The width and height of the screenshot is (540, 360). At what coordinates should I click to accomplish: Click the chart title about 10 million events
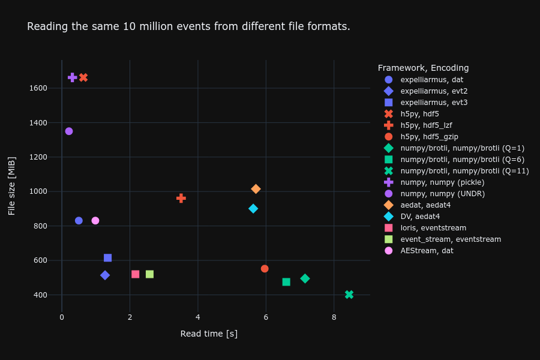coord(188,26)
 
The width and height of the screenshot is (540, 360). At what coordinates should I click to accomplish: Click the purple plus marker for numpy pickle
coord(73,77)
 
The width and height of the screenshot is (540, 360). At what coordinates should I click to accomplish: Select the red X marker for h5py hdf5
coord(83,77)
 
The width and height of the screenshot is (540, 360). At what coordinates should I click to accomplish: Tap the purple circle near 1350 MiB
coord(69,131)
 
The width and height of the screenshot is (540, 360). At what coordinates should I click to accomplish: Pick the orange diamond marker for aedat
coord(256,189)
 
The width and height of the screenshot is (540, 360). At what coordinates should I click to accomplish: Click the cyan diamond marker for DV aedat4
coord(253,208)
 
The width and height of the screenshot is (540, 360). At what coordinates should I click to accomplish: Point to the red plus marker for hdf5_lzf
coord(181,198)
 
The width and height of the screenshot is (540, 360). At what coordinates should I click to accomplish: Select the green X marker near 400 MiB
coord(349,295)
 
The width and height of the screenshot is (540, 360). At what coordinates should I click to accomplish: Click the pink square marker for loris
coord(136,274)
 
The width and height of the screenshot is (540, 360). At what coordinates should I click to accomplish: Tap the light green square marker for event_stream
coord(149,274)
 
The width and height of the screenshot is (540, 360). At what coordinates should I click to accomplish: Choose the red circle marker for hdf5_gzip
coord(265,269)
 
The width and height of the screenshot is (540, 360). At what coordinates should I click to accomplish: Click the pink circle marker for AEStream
coord(95,220)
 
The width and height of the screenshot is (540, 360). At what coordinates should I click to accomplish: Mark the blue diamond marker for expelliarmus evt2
coord(105,275)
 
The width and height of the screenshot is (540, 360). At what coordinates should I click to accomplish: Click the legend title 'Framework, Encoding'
coord(423,68)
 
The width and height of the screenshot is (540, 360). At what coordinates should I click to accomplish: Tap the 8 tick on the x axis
coord(334,317)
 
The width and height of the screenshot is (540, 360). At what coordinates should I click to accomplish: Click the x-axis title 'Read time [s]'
coord(209,334)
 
